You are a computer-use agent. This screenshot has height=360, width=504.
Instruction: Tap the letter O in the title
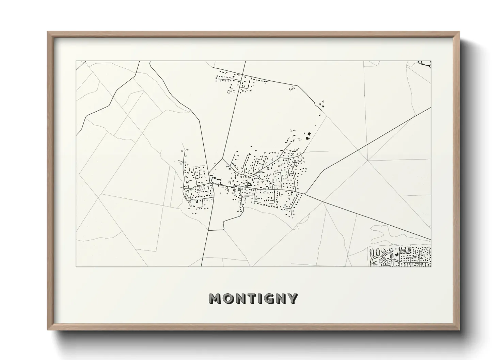point(229,299)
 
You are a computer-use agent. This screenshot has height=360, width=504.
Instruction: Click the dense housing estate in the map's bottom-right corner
point(400,257)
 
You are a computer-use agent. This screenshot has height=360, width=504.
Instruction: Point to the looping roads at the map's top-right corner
point(425,63)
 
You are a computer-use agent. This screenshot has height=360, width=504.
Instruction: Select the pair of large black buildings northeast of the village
point(308,136)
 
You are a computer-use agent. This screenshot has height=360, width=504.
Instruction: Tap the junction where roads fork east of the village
point(304,194)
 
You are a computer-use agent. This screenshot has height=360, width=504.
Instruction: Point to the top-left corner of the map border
point(76,61)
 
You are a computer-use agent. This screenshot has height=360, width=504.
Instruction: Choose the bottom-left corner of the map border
point(76,266)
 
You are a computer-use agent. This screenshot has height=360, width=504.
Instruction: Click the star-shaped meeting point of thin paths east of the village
point(367,160)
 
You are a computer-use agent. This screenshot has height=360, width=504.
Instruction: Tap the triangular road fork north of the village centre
point(222,159)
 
